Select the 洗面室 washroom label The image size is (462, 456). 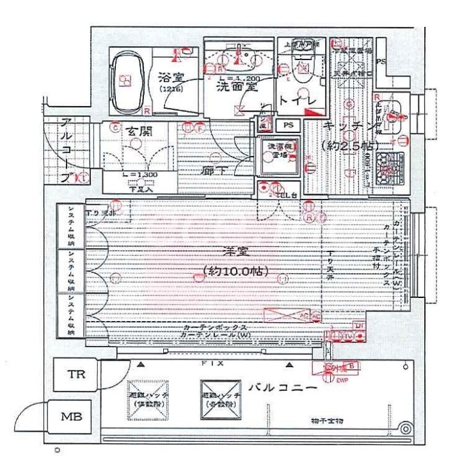click(235, 84)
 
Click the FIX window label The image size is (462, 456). click(211, 362)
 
